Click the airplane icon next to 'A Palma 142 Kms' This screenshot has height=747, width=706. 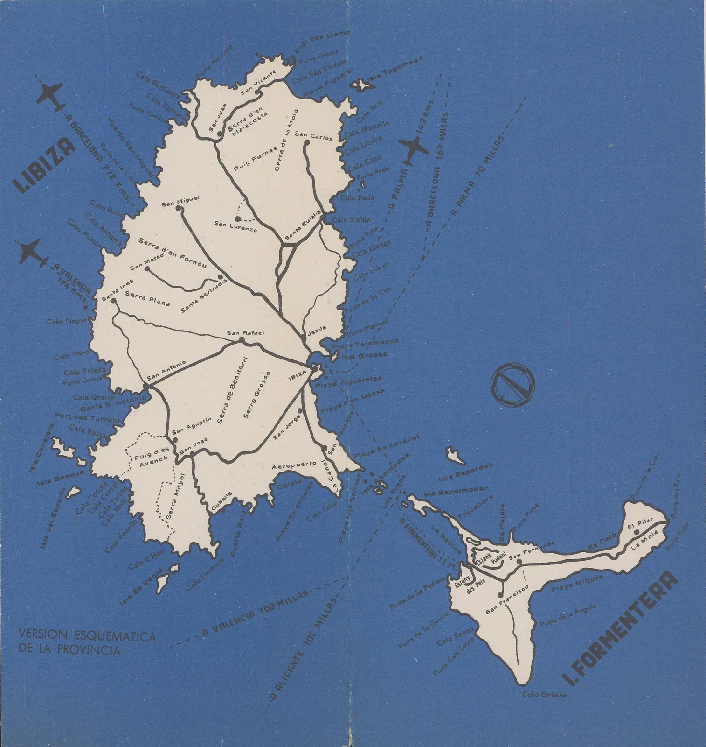coord(413,150)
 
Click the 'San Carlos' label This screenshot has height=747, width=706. coord(313,136)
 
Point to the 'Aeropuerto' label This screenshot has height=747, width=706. coord(295,465)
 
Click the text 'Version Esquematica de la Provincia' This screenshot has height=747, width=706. coord(87,642)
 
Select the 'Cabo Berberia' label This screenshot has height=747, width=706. coord(544,694)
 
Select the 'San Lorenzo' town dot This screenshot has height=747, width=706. coord(238,218)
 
